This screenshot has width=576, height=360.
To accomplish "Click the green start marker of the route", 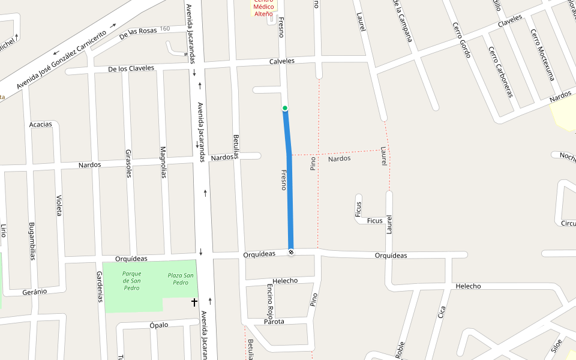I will tap(285, 108).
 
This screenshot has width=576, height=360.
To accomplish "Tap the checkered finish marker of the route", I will tap(291, 253).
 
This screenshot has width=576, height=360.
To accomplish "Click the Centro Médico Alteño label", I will tap(263, 7).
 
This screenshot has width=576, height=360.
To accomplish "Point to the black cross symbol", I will tap(194, 302).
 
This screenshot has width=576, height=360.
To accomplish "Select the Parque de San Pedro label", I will tap(131, 280).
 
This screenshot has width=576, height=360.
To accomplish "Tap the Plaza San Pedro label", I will tap(181, 279).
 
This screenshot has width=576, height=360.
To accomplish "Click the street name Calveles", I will tap(282, 61).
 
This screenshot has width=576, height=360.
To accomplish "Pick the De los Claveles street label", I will tap(131, 68).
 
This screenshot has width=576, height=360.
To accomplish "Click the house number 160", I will tap(165, 29).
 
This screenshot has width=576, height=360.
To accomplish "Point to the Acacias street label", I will tap(41, 125).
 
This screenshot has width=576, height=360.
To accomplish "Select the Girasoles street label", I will tap(128, 163).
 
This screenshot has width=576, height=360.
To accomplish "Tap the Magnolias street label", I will tap(163, 162).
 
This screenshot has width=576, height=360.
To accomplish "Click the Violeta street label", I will tap(59, 205).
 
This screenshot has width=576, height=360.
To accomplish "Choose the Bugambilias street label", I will tap(32, 242).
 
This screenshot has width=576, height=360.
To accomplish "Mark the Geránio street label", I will tap(35, 291).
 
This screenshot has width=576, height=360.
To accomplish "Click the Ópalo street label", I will tap(159, 325).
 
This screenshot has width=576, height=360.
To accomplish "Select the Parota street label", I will tap(274, 322).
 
